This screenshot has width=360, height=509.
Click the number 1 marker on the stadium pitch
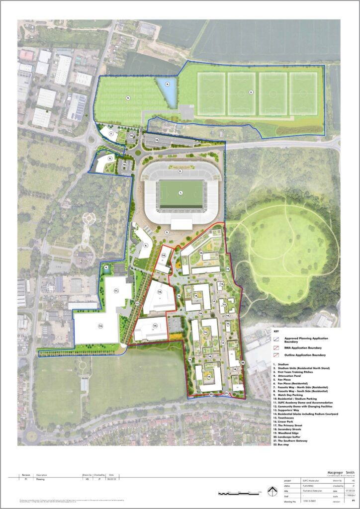pyautogui.click(x=181, y=192)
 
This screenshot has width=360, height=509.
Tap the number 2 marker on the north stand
pyautogui.click(x=180, y=171)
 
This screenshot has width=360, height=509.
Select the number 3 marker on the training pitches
pyautogui.click(x=251, y=92)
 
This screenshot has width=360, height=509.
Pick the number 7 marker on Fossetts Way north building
pyautogui.click(x=111, y=133)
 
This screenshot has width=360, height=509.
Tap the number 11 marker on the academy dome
pyautogui.click(x=116, y=290)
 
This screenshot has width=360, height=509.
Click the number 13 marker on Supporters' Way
pyautogui.click(x=137, y=303)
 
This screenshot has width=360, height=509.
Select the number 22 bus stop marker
pyautogui.click(x=211, y=394)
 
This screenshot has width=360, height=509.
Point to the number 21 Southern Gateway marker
pyautogui.click(x=226, y=393)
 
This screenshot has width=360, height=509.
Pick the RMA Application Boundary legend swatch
pyautogui.click(x=277, y=348)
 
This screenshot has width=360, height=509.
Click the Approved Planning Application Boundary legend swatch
pyautogui.click(x=277, y=338)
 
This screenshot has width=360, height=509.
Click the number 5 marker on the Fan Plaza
pyautogui.click(x=168, y=232)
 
